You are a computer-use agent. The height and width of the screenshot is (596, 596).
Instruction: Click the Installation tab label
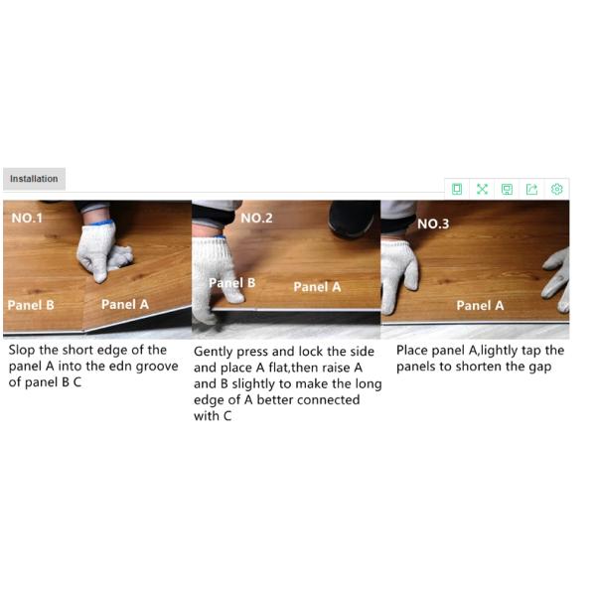pyautogui.click(x=34, y=179)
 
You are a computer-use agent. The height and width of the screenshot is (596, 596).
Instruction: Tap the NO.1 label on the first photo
pyautogui.click(x=27, y=218)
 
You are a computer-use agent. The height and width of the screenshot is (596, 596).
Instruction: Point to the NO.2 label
pyautogui.click(x=256, y=218)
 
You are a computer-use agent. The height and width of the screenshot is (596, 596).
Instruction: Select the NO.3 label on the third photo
pyautogui.click(x=433, y=223)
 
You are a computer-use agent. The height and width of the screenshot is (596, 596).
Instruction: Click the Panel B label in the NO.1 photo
pyautogui.click(x=31, y=305)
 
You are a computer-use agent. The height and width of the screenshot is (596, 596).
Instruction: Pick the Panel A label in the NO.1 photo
pyautogui.click(x=125, y=304)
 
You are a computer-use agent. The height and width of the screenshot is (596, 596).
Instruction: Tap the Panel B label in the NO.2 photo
pyautogui.click(x=231, y=283)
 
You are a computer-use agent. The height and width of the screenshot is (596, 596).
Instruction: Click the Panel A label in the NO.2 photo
pyautogui.click(x=317, y=287)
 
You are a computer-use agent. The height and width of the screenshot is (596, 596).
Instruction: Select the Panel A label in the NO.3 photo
pyautogui.click(x=480, y=305)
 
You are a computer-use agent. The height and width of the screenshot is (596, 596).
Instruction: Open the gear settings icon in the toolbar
pyautogui.click(x=557, y=189)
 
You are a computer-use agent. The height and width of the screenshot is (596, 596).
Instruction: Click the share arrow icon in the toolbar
pyautogui.click(x=531, y=189)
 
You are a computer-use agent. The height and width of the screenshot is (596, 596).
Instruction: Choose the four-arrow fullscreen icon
pyautogui.click(x=482, y=189)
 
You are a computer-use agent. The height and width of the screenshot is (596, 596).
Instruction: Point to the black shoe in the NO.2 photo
pyautogui.click(x=352, y=219)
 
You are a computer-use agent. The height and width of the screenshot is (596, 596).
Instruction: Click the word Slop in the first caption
pyautogui.click(x=22, y=350)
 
